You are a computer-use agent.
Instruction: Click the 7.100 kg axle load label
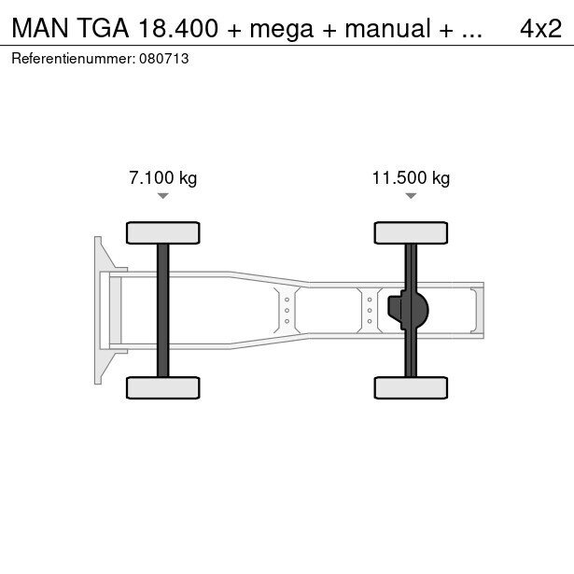[163, 178]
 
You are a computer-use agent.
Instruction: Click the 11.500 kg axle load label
[411, 178]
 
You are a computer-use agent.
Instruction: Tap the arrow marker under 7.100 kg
[163, 196]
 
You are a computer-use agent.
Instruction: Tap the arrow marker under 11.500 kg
[411, 196]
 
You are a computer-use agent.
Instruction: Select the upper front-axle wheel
[163, 232]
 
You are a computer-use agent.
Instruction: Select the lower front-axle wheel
[163, 387]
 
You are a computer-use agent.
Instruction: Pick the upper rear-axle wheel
[411, 232]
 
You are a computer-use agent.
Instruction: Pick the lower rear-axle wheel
[411, 387]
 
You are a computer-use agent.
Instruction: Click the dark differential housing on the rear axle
[408, 310]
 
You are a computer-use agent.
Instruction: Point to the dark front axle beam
[163, 310]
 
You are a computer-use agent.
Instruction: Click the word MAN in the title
[40, 29]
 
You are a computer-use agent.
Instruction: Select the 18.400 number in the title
[178, 29]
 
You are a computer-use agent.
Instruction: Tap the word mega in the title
[282, 29]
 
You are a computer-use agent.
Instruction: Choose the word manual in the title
[387, 29]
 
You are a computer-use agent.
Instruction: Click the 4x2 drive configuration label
[540, 29]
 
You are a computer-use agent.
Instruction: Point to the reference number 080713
[164, 59]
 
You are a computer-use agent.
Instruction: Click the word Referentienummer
[74, 59]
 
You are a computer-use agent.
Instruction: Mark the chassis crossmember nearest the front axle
[287, 311]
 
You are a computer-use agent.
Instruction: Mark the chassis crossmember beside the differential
[370, 311]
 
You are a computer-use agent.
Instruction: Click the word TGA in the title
[103, 29]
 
